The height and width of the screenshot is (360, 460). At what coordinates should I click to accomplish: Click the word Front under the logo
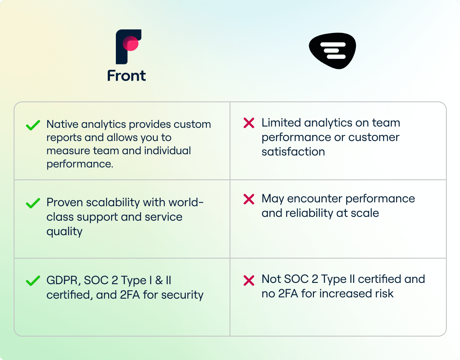tap(126, 76)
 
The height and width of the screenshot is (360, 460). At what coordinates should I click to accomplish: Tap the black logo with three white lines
tap(332, 51)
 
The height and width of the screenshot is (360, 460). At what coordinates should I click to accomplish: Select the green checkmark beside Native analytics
tap(33, 125)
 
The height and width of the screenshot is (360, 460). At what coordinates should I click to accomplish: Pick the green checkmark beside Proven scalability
tap(33, 203)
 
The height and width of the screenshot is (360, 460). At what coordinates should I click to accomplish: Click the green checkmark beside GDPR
tap(33, 281)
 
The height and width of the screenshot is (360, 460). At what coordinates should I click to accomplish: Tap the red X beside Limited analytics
tap(249, 123)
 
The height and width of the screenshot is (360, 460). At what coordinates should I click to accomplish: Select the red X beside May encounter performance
tap(249, 199)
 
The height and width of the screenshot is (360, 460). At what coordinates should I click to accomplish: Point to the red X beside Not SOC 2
tap(249, 280)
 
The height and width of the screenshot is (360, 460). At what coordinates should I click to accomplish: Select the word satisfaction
tap(293, 152)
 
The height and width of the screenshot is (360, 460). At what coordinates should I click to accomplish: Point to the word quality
tap(65, 232)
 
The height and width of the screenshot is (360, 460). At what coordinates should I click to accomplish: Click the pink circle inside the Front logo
tap(131, 43)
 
